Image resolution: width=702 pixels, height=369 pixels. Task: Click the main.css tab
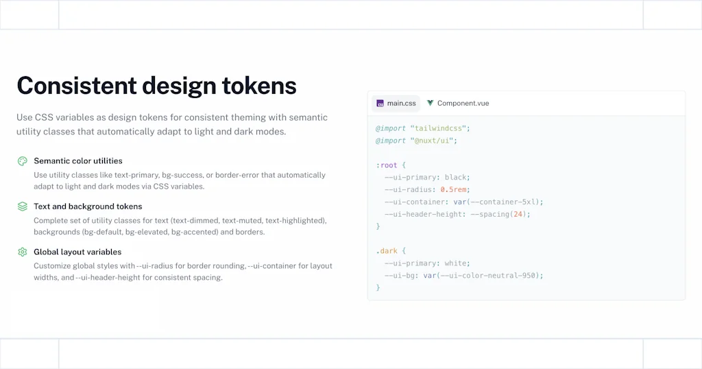tap(396, 104)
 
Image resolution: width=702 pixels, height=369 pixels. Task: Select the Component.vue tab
tap(457, 104)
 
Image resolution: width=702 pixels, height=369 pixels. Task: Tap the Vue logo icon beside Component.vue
tap(430, 104)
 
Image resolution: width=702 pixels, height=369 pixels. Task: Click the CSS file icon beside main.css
tap(380, 104)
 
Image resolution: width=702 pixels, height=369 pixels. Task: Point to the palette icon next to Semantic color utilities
tap(23, 161)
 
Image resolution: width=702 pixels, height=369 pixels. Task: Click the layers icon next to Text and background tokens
tap(23, 206)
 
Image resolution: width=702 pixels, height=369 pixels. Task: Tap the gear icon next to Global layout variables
tap(23, 252)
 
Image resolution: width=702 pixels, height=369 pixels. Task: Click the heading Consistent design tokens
tap(156, 86)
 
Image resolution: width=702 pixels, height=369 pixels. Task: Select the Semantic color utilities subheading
tap(78, 161)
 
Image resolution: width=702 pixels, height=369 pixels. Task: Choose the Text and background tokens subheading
tap(88, 206)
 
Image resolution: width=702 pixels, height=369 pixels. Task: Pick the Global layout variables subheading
tap(77, 252)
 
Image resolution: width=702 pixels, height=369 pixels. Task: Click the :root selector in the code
tap(387, 165)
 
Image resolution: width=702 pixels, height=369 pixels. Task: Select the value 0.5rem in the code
tap(455, 190)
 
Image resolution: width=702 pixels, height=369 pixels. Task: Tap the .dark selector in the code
tap(387, 251)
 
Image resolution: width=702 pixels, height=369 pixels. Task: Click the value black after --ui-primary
tap(457, 178)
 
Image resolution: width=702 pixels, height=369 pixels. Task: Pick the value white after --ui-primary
tap(457, 263)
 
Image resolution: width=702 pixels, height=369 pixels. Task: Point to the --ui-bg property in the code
tap(401, 276)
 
